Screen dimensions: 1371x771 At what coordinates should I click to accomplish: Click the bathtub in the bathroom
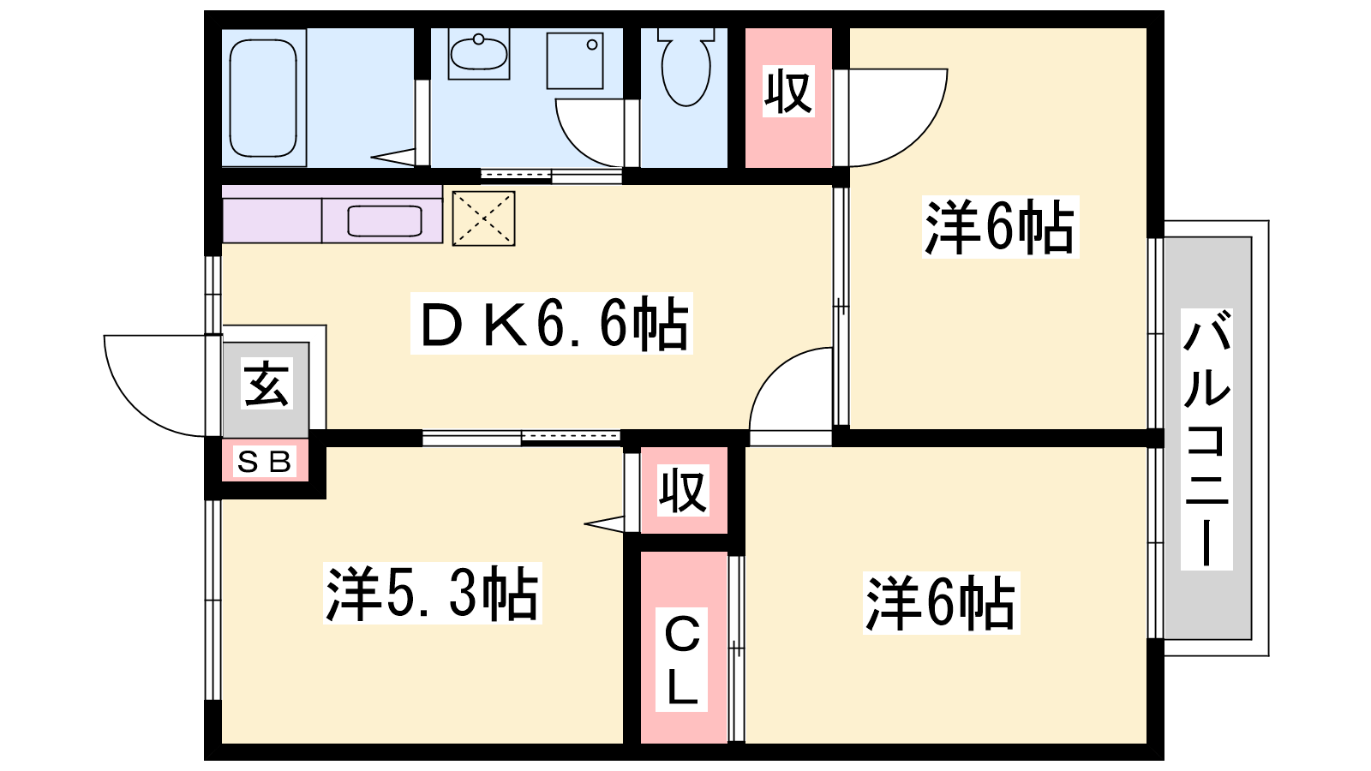click(x=263, y=98)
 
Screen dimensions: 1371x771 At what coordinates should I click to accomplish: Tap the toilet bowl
click(x=686, y=70)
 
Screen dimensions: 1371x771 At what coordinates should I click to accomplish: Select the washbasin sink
click(x=479, y=52)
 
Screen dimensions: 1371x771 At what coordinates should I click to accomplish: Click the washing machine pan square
click(x=575, y=61)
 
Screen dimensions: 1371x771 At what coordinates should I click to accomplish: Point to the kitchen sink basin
click(x=385, y=221)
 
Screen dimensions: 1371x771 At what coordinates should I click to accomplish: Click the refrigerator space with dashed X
click(x=483, y=218)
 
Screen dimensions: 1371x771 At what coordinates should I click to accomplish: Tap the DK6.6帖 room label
click(x=552, y=323)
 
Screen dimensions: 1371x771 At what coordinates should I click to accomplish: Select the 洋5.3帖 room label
click(x=433, y=593)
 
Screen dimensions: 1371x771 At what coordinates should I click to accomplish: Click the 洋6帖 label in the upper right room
click(x=1000, y=227)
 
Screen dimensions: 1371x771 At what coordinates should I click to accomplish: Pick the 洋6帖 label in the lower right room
click(x=942, y=603)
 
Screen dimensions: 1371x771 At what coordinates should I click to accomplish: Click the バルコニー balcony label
click(x=1206, y=439)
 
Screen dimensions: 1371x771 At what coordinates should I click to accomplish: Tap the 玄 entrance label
click(x=266, y=384)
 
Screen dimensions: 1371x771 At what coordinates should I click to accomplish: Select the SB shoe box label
click(x=265, y=462)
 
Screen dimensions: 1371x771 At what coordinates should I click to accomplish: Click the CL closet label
click(x=682, y=660)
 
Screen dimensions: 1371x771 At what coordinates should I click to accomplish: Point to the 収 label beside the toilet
click(x=788, y=91)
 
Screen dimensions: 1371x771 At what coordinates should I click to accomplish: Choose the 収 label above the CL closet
click(x=683, y=490)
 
